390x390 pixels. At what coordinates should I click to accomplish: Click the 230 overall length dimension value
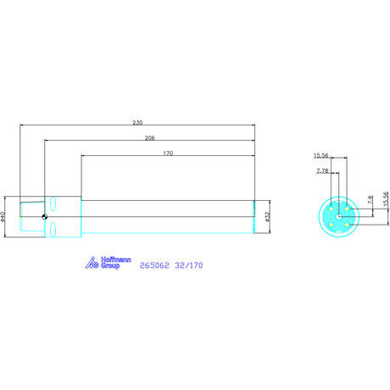coord(137,123)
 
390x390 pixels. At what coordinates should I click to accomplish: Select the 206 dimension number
coord(150,138)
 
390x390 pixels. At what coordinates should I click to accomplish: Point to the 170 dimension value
coord(168,153)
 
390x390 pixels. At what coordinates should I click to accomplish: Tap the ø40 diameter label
coord(3,216)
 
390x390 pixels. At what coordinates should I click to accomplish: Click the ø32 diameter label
coord(268,216)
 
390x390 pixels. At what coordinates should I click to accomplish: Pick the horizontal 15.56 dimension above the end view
coord(321,155)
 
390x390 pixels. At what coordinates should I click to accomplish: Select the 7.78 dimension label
coord(322,171)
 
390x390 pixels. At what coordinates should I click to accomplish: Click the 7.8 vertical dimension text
coord(370,200)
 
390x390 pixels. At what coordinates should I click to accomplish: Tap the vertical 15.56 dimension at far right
coord(386,198)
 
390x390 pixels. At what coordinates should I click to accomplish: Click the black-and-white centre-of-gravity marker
coord(44,217)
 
